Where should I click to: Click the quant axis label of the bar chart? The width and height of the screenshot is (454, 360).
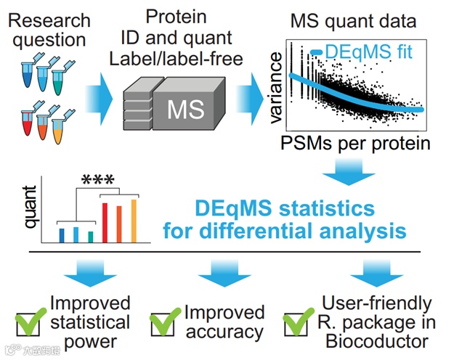pos(31,208)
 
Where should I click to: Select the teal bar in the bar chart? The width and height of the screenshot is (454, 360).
pos(90,236)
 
